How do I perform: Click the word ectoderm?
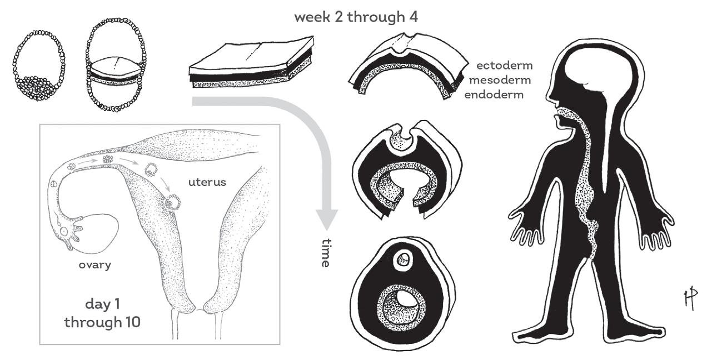coord(505,66)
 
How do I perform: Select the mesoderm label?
coord(500,80)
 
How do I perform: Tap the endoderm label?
coord(494,94)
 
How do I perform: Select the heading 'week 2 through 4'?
coord(356,17)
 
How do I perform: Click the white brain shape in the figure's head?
coord(589,67)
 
